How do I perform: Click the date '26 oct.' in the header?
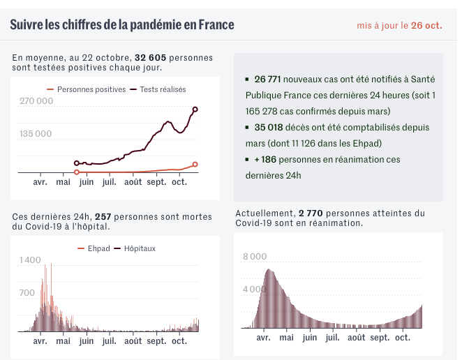click(426, 25)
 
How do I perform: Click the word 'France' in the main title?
click(216, 25)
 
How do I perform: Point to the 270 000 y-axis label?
click(36, 101)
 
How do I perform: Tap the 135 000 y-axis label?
click(36, 133)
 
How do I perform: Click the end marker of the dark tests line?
click(195, 110)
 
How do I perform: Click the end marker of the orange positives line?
click(195, 165)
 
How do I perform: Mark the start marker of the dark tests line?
click(76, 163)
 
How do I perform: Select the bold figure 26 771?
click(268, 80)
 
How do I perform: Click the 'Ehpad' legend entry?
click(98, 248)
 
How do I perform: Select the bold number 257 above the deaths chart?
click(103, 217)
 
